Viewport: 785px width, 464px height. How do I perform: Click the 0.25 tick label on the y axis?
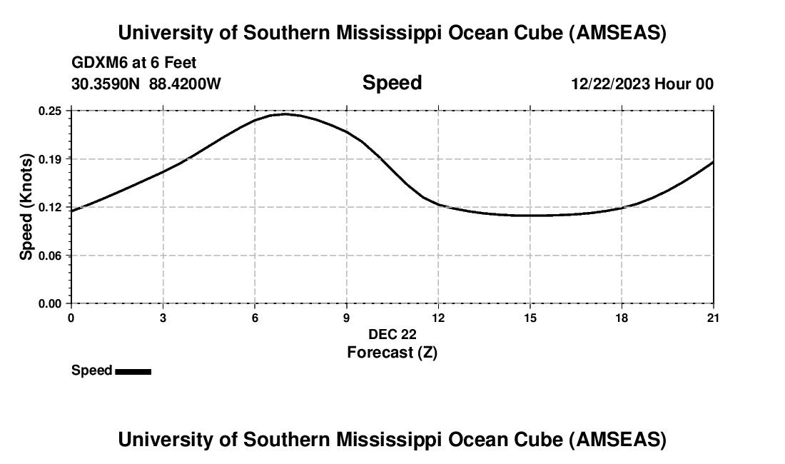coord(51,111)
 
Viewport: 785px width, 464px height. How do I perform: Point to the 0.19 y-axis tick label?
coord(51,158)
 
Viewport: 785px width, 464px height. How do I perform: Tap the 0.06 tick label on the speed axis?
coord(51,255)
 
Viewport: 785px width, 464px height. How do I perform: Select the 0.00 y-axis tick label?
coord(51,303)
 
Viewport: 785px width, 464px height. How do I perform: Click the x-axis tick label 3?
coord(163,318)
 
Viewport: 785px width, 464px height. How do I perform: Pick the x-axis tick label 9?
coord(346,318)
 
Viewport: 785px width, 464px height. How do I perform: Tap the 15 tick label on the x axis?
coord(530,318)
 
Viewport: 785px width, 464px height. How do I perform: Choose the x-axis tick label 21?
coord(712,318)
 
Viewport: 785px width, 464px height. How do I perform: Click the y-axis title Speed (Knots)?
coord(26,206)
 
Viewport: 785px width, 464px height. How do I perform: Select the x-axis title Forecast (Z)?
coord(392,352)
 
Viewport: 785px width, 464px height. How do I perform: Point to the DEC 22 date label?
coord(392,334)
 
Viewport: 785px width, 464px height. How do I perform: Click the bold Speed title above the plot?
coord(392,83)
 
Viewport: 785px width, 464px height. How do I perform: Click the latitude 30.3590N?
coord(107,84)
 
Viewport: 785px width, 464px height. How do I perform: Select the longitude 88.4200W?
coord(186,84)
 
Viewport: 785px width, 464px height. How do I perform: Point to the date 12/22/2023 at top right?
coord(611,84)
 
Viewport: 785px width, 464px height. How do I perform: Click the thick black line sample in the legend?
coord(133,371)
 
